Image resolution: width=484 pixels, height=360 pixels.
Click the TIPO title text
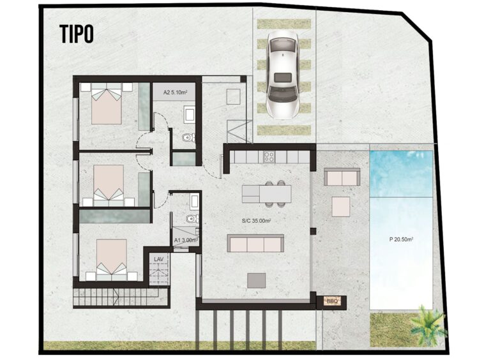coord(76,34)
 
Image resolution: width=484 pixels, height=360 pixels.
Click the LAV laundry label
coord(158,259)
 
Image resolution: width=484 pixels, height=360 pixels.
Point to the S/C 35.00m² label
coord(257,221)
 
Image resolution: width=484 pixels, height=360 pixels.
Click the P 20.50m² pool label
coord(401,239)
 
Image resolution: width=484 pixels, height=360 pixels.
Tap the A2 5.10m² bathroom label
coord(175,92)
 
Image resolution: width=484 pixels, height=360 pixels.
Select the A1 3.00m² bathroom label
coord(186,240)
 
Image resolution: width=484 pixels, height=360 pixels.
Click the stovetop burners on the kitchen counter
coord(269,157)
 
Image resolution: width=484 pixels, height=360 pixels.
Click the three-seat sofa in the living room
coord(255,243)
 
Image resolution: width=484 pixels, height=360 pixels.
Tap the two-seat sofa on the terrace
coord(342,177)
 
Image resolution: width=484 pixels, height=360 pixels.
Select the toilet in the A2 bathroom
coord(189,137)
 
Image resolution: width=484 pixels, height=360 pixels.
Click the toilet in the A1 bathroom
coord(193,219)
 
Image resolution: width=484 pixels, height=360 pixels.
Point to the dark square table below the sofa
coord(257,281)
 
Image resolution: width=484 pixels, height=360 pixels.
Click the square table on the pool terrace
coord(341,206)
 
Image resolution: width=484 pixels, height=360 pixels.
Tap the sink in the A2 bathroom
coord(189,114)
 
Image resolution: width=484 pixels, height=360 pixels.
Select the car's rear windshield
coord(283,77)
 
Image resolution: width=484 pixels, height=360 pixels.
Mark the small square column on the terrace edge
coord(313,231)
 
